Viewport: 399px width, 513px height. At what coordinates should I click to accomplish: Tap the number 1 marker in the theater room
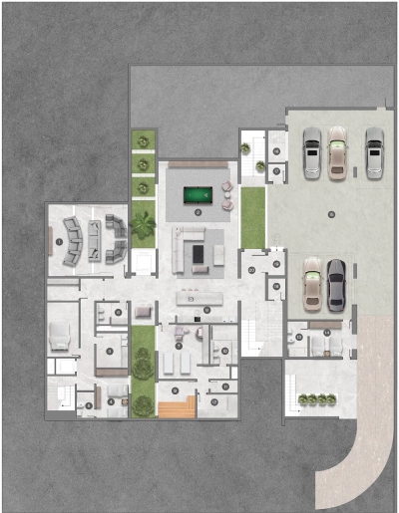(x=59, y=241)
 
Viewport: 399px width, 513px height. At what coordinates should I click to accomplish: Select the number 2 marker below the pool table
(x=199, y=213)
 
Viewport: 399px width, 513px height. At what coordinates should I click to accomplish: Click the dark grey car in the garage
(x=336, y=283)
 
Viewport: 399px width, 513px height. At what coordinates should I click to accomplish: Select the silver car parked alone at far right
(x=374, y=151)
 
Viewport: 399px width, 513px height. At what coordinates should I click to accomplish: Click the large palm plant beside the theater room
(x=144, y=228)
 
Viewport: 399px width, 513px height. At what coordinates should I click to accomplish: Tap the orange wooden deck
(x=176, y=406)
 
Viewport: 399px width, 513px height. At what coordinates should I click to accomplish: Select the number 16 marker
(x=275, y=287)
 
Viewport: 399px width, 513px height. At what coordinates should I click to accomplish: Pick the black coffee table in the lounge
(x=198, y=256)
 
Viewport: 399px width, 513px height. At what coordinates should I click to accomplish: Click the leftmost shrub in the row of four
(x=304, y=398)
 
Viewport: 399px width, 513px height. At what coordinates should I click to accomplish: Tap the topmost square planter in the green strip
(x=144, y=138)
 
